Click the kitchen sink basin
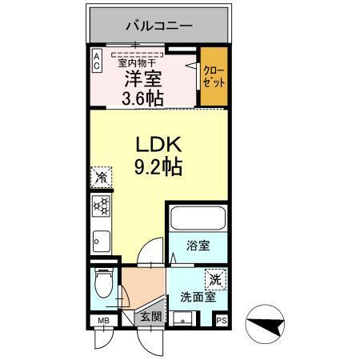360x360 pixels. coord(101,238)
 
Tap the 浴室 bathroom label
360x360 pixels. coord(198,246)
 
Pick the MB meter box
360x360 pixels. coord(102,322)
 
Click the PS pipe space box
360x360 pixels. coord(221,322)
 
